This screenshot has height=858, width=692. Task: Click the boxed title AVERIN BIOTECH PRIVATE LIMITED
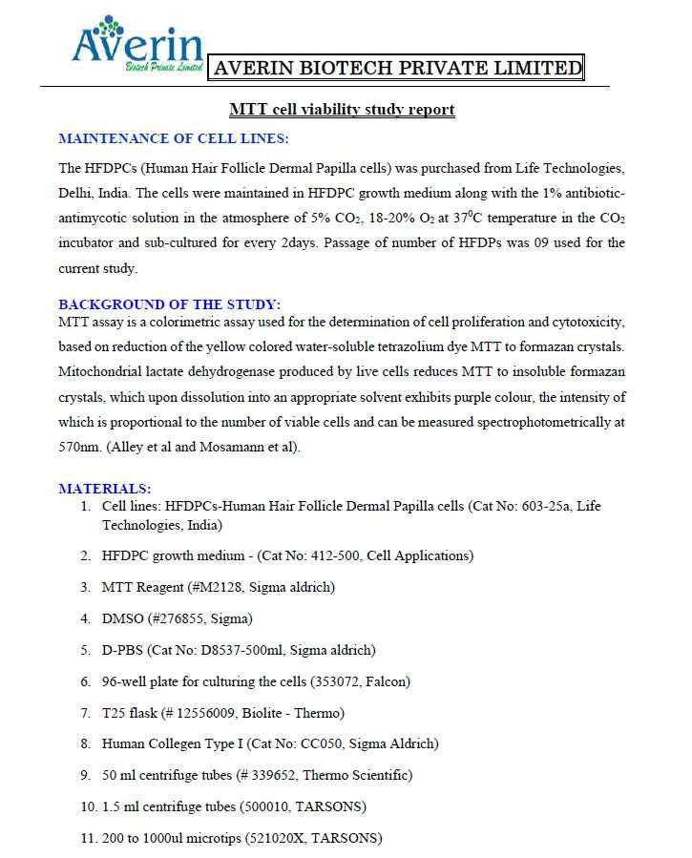[x=397, y=68]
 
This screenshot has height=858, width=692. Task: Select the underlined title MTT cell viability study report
[x=342, y=110]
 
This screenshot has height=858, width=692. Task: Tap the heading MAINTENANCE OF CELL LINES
[x=174, y=138]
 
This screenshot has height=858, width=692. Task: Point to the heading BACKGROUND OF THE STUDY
[x=170, y=304]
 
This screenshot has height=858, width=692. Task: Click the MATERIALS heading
[x=104, y=489]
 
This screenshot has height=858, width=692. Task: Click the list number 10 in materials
[x=87, y=807]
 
